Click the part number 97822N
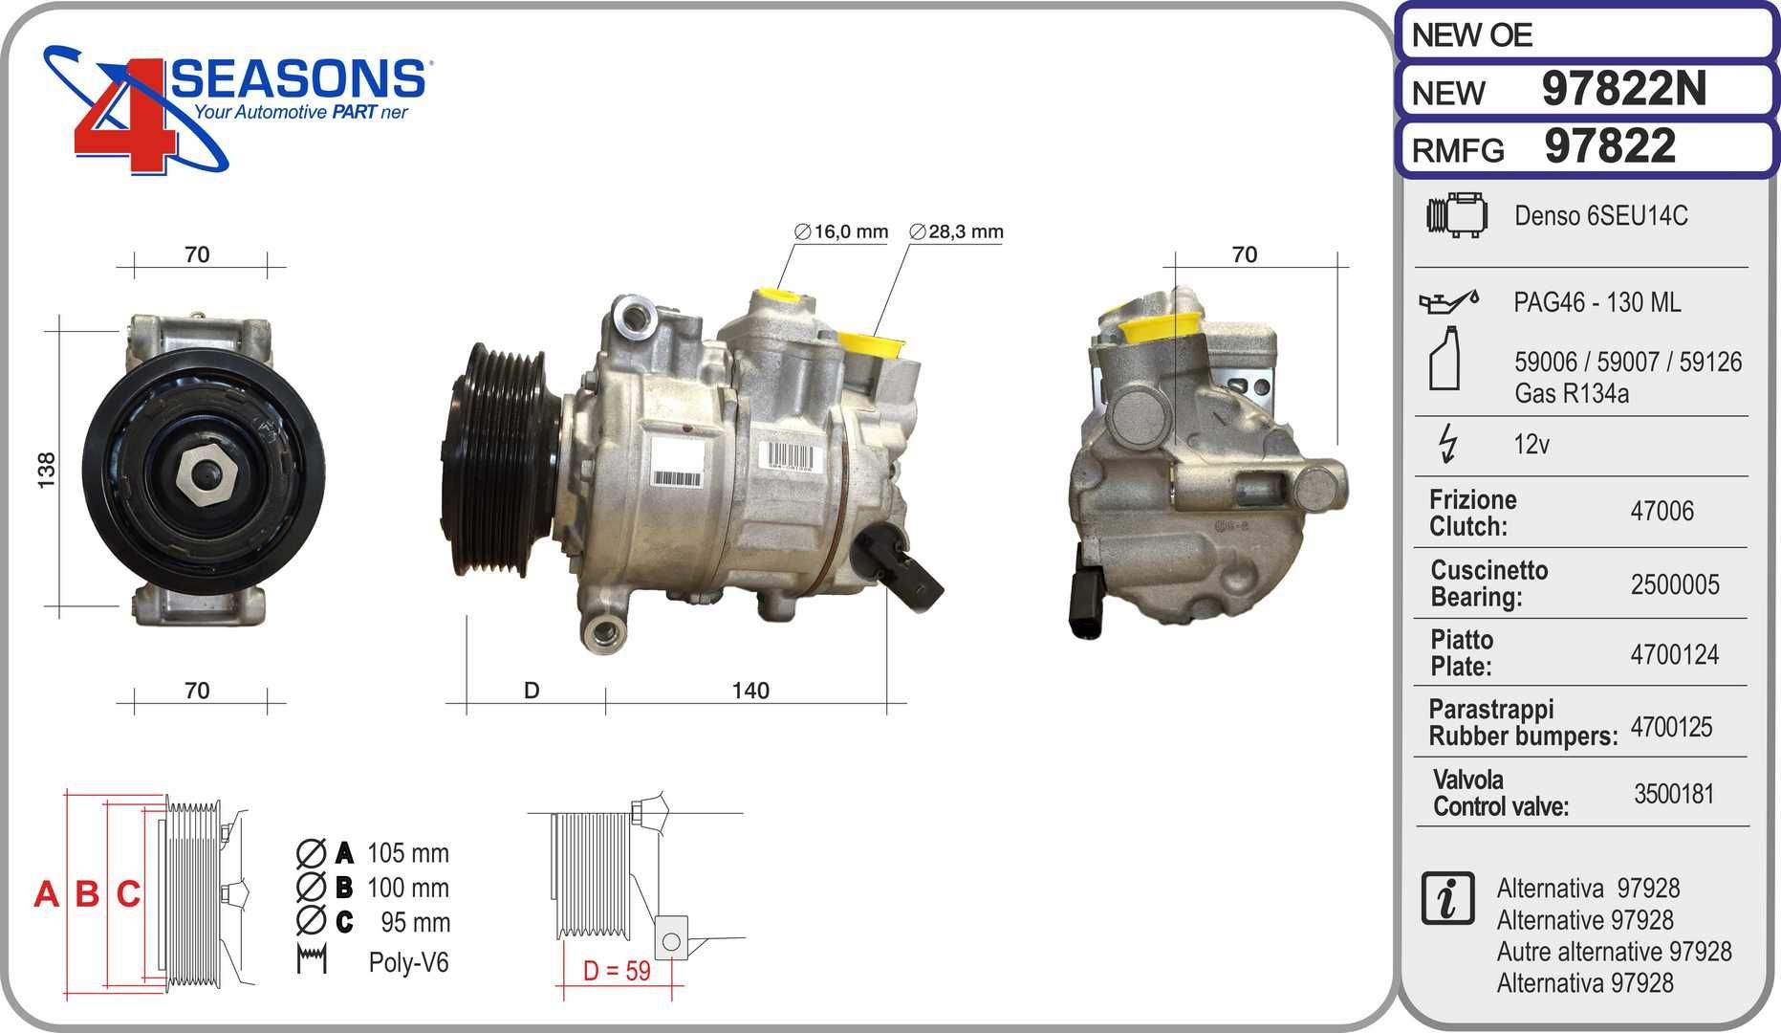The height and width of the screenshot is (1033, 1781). tap(1624, 89)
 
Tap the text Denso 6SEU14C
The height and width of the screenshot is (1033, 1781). tap(1600, 215)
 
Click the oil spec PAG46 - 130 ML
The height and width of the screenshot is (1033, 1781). tap(1596, 302)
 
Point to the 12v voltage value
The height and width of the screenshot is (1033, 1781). tap(1531, 444)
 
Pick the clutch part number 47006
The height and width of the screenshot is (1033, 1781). tap(1662, 511)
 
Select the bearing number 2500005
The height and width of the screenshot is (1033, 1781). tap(1675, 584)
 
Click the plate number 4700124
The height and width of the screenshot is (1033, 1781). tap(1675, 654)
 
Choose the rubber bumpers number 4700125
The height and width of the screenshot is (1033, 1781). tap(1671, 727)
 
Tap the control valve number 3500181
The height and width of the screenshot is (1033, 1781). tap(1674, 794)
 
